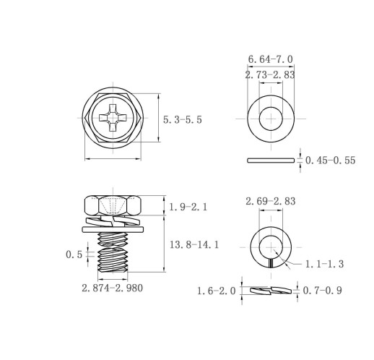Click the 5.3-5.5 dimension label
(x=183, y=120)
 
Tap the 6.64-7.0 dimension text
(x=271, y=59)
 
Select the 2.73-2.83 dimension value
(x=270, y=75)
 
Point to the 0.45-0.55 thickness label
(x=330, y=160)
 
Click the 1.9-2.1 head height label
(x=188, y=207)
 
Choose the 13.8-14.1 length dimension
(x=194, y=245)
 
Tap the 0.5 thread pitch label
(x=74, y=254)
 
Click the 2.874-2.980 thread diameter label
(x=112, y=288)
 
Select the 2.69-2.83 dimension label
(x=271, y=201)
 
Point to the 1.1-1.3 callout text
(x=324, y=264)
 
